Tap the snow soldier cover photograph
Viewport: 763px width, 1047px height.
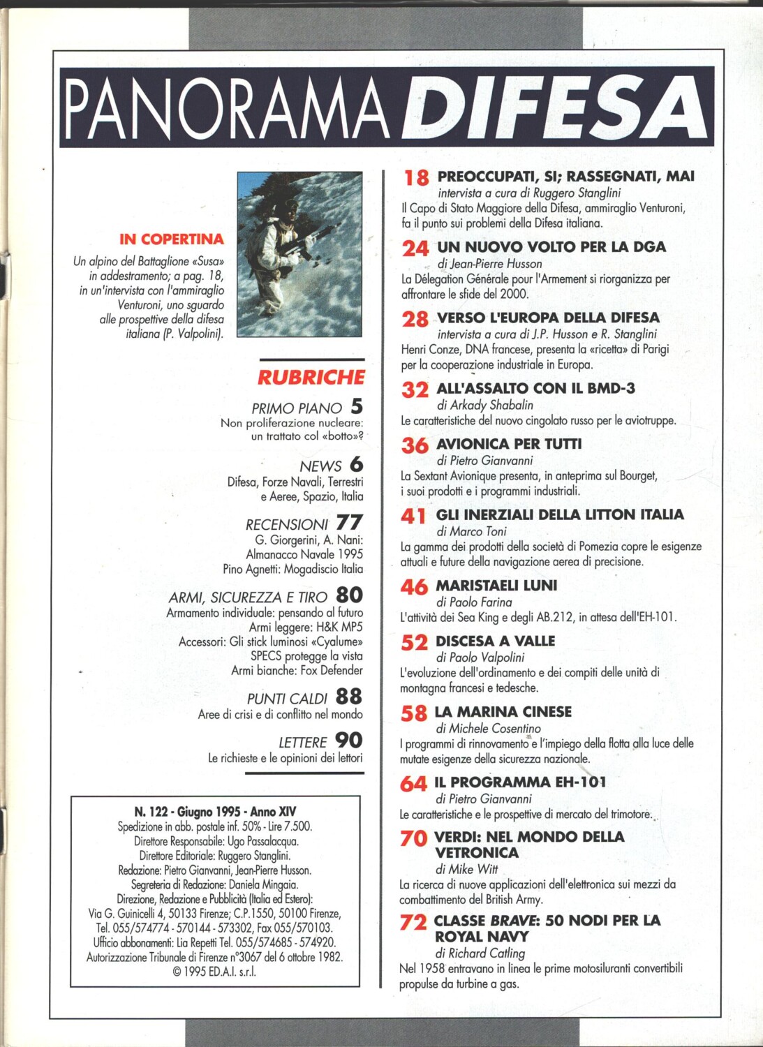pos(299,254)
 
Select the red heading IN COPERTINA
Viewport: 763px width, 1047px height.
pos(172,239)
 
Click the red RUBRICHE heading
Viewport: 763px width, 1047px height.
pos(311,378)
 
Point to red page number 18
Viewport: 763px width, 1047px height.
pos(416,177)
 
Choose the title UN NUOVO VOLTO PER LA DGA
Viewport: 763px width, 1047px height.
pos(551,246)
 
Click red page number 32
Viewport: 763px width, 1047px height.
pos(415,389)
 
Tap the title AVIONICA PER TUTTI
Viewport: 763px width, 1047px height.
pos(508,444)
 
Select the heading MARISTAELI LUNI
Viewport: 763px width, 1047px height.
pos(496,585)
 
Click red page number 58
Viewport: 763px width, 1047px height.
pos(413,713)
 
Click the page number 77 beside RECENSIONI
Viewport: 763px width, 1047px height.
pos(349,523)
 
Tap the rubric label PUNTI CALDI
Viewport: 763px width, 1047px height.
pos(287,699)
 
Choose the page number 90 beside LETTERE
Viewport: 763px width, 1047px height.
pos(349,741)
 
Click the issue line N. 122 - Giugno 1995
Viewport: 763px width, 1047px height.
pos(215,811)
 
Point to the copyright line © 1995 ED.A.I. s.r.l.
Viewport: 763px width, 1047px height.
pos(215,972)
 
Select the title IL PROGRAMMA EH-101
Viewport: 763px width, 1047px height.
pos(520,782)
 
